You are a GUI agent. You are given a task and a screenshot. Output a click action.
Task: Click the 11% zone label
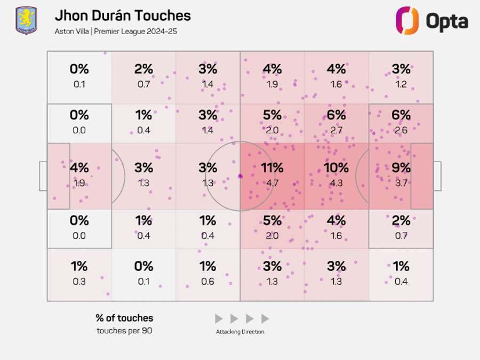272,168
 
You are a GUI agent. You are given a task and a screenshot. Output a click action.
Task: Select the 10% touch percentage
336,168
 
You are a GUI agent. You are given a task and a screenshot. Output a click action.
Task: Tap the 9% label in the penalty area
401,168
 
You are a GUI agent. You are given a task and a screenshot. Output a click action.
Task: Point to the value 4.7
272,183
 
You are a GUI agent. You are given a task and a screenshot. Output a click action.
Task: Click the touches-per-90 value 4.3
336,183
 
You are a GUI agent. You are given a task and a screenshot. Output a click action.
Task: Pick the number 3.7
401,183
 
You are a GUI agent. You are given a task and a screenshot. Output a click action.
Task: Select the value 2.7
336,131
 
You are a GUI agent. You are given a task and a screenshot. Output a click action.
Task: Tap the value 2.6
401,131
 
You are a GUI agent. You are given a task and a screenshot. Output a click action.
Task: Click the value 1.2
401,84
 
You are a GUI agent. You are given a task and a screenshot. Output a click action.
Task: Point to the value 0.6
207,282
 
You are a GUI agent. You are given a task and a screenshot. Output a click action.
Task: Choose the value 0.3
79,282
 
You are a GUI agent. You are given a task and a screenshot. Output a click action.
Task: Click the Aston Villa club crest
26,20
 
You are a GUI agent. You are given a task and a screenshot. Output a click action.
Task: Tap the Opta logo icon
407,21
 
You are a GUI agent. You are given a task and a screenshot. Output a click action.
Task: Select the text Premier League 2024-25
135,31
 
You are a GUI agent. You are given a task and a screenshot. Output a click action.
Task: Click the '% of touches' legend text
124,318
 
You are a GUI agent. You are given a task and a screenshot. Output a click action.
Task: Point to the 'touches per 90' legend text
124,331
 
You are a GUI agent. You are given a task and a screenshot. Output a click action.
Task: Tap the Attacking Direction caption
240,332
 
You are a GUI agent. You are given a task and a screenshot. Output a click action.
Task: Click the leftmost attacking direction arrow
219,319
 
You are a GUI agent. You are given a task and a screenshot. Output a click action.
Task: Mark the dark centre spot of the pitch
241,176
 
